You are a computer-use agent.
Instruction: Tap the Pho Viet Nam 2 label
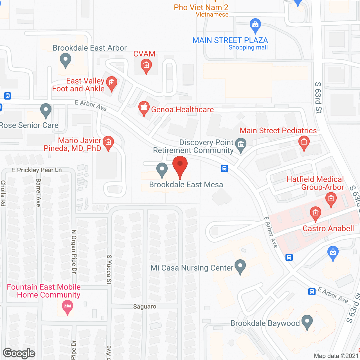[x=201, y=8]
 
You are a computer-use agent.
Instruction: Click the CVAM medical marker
[x=146, y=66]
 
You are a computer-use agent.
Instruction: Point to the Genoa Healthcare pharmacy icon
[x=144, y=108]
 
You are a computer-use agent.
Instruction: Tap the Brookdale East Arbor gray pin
[x=66, y=60]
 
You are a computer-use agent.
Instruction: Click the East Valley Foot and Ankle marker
[x=112, y=84]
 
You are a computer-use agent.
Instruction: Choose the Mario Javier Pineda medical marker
[x=108, y=143]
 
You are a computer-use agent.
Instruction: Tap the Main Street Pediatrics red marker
[x=304, y=142]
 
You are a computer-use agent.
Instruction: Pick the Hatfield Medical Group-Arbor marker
[x=331, y=199]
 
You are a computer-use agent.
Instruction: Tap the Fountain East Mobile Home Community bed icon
[x=67, y=306]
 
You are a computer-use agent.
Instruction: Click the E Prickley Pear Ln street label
[x=37, y=170]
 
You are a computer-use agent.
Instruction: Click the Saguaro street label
[x=145, y=307]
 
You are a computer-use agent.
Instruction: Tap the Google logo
[x=19, y=353]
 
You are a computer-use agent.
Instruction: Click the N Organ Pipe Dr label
[x=74, y=251]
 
